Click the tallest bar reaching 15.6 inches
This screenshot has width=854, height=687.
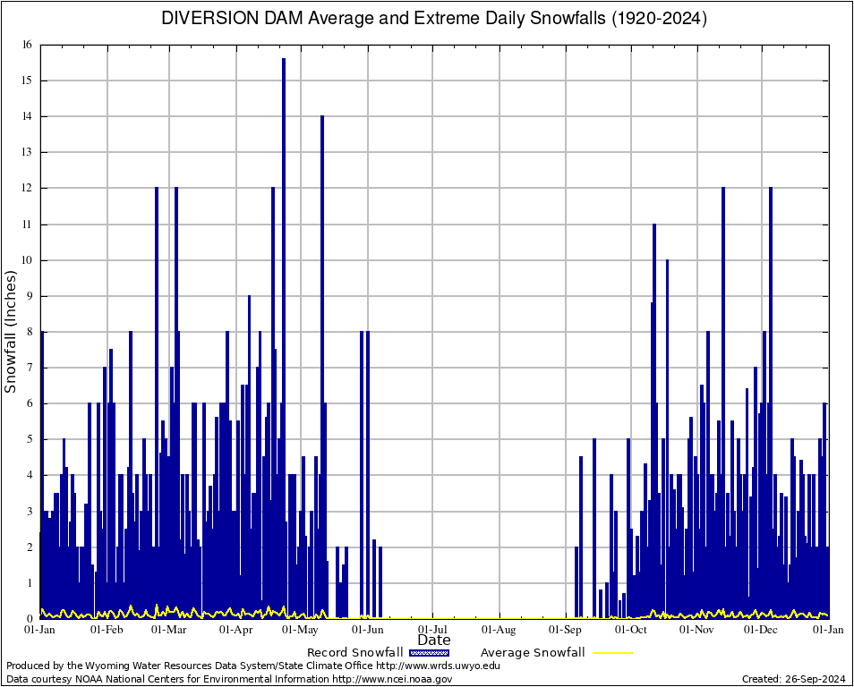(284, 340)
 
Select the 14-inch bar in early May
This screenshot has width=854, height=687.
(322, 367)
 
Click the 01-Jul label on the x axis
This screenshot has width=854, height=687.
(432, 630)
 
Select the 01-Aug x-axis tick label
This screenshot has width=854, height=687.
(500, 630)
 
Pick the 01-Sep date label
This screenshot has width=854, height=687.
(566, 630)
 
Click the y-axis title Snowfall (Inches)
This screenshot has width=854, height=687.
(11, 331)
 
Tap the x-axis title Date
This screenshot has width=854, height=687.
(434, 640)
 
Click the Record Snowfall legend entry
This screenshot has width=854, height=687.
(354, 653)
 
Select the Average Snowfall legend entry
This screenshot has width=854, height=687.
(533, 653)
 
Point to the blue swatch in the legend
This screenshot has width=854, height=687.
(429, 653)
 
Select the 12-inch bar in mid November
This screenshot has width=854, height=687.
(723, 403)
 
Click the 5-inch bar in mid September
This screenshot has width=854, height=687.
(594, 528)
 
